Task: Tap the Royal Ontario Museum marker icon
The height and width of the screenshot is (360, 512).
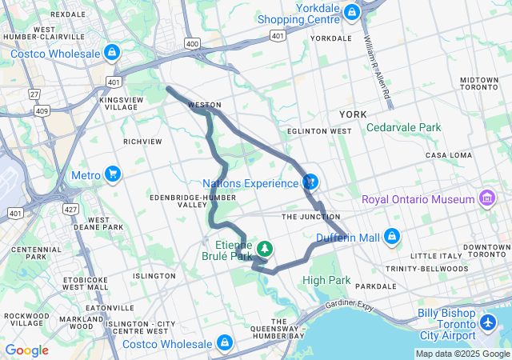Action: tap(485, 198)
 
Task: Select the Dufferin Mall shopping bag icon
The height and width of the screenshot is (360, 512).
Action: tap(391, 236)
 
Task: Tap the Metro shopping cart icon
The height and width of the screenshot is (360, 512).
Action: tap(112, 174)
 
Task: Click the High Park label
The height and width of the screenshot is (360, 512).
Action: tap(326, 280)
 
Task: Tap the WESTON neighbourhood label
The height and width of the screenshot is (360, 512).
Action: tap(204, 105)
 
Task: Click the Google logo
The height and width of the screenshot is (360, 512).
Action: tap(26, 350)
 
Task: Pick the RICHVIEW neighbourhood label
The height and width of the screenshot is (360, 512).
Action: tap(142, 142)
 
